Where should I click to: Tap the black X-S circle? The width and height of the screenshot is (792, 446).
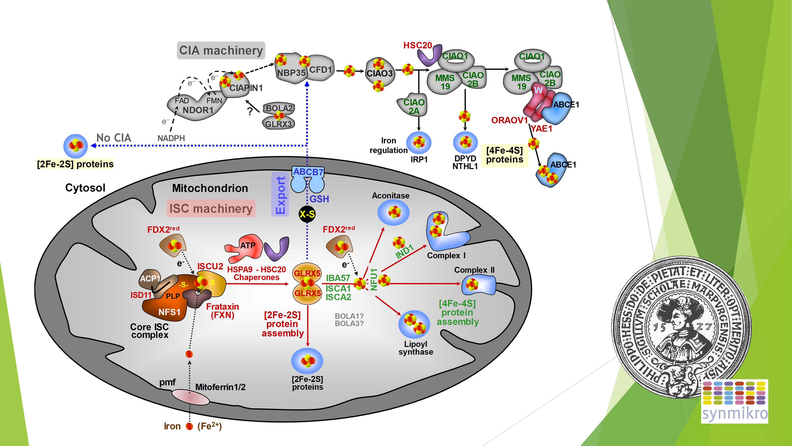307,214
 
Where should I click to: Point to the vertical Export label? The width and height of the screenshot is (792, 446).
280,195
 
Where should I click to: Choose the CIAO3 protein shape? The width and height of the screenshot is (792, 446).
380,74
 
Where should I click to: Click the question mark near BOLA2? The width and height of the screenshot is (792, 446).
250,111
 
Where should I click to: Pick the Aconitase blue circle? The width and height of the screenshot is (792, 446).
393,212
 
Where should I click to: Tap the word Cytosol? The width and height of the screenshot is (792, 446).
85,188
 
